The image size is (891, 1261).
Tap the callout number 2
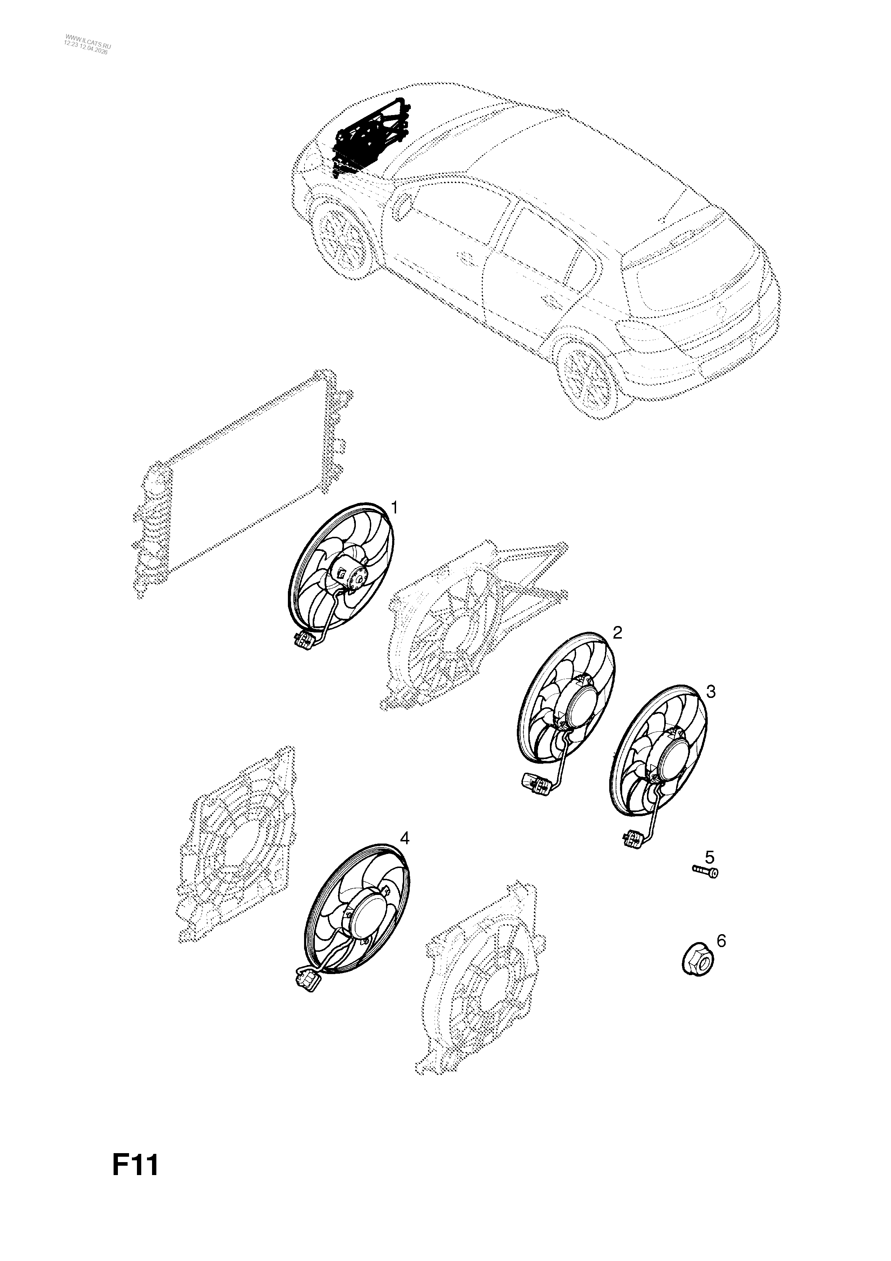click(x=617, y=633)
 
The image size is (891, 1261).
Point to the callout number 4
click(x=405, y=854)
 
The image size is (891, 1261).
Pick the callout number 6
click(x=721, y=941)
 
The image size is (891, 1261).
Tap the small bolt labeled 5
click(x=705, y=886)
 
